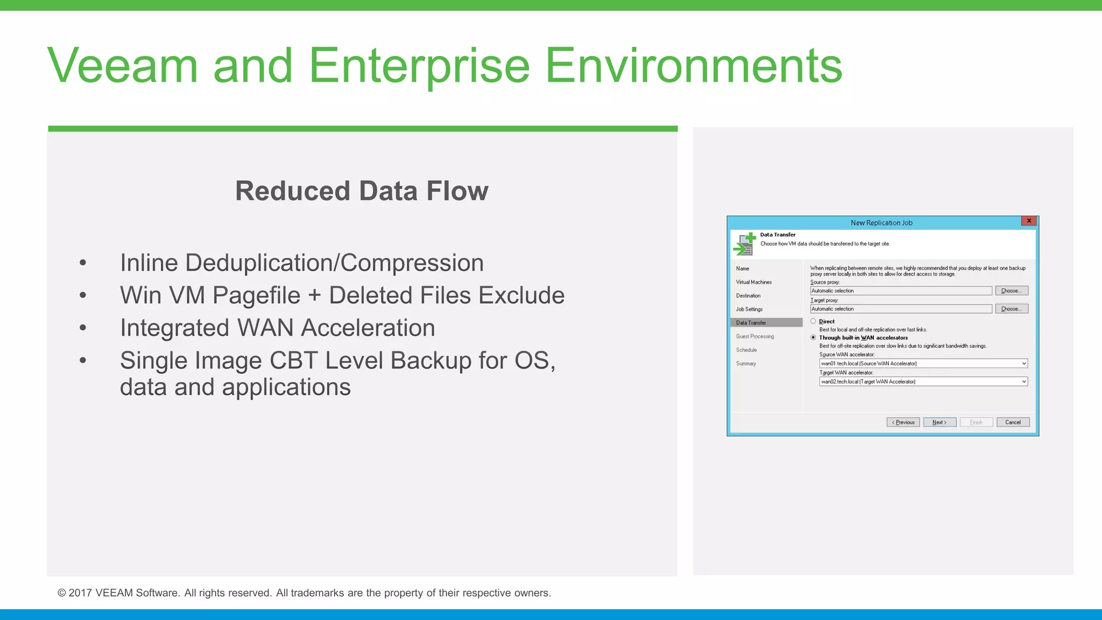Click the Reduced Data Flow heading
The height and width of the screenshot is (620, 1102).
click(x=362, y=191)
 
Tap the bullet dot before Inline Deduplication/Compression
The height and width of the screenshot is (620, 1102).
click(x=83, y=263)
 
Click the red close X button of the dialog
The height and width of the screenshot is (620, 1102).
click(x=1029, y=221)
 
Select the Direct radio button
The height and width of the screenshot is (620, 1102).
click(x=813, y=321)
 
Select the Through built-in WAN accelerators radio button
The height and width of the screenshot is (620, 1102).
click(x=813, y=337)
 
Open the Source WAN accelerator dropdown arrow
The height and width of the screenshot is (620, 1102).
click(x=1023, y=363)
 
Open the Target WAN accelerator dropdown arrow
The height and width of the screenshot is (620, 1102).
click(x=1023, y=382)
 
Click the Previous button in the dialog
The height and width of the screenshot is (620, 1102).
click(x=903, y=422)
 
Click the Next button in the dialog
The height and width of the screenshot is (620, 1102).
click(x=939, y=422)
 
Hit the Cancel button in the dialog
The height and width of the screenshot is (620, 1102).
click(x=1013, y=422)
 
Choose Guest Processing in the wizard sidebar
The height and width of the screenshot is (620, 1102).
click(x=755, y=336)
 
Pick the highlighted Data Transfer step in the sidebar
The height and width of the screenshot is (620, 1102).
click(x=751, y=323)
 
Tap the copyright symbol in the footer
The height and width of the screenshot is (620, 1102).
click(x=62, y=593)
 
